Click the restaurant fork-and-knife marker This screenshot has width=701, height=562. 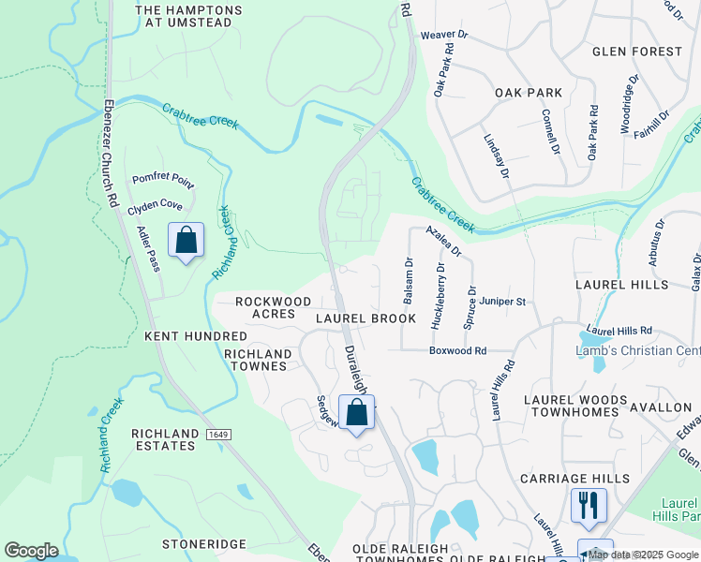pyautogui.click(x=589, y=505)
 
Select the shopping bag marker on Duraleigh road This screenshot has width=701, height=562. pyautogui.click(x=356, y=412)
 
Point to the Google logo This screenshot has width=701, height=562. pyautogui.click(x=31, y=551)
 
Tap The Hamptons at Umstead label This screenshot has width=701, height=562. pyautogui.click(x=189, y=16)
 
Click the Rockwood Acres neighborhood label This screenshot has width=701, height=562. pyautogui.click(x=273, y=308)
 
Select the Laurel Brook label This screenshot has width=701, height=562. pyautogui.click(x=365, y=318)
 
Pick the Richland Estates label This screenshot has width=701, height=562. pyautogui.click(x=164, y=439)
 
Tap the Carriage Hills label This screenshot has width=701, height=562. pyautogui.click(x=576, y=479)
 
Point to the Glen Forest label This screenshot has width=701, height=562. pyautogui.click(x=637, y=51)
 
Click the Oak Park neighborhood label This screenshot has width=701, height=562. pyautogui.click(x=529, y=93)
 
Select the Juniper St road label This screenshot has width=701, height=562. pyautogui.click(x=504, y=302)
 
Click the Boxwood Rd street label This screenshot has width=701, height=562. pyautogui.click(x=458, y=350)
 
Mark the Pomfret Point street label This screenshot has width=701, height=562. pyautogui.click(x=161, y=178)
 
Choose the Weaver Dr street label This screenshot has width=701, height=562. pyautogui.click(x=443, y=35)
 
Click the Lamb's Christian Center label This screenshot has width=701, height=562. pyautogui.click(x=637, y=350)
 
